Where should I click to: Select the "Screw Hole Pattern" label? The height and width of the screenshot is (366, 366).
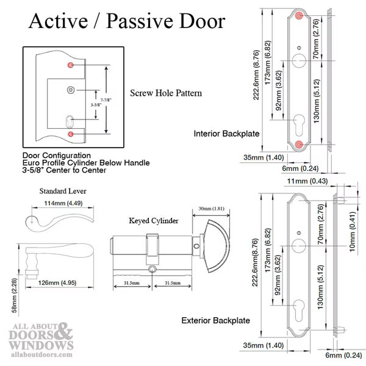click(x=166, y=93)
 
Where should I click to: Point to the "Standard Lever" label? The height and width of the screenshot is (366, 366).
click(x=63, y=191)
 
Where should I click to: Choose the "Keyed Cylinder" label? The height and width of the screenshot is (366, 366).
click(x=153, y=221)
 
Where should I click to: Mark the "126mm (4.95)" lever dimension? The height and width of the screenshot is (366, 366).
click(x=65, y=282)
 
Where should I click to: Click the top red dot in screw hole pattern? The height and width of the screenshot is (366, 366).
click(x=71, y=64)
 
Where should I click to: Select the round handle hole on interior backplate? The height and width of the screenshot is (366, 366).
click(x=300, y=61)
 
